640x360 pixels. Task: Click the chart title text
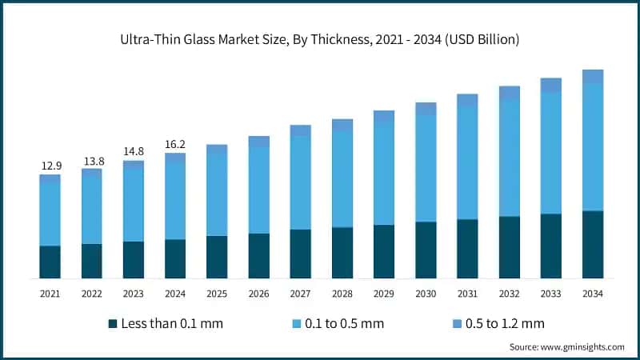point(320,40)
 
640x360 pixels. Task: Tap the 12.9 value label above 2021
point(51,166)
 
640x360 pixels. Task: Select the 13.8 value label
point(93,161)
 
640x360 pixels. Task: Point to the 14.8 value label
point(134,153)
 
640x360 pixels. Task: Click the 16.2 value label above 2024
point(175,145)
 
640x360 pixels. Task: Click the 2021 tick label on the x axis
point(51,294)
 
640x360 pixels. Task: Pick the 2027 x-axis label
point(300,294)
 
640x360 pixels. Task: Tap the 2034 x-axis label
point(592,294)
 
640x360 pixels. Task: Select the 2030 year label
point(426,294)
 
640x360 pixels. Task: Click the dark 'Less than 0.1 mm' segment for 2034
point(592,244)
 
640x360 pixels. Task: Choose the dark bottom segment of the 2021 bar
point(51,262)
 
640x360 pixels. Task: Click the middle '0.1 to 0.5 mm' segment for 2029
point(384,174)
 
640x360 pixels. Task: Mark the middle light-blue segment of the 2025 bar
point(217,194)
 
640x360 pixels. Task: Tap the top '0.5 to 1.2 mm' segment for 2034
point(592,77)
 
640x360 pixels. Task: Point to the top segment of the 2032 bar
point(509,93)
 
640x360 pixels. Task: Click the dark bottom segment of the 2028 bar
point(342,252)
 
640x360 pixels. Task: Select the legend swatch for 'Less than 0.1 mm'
point(113,323)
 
